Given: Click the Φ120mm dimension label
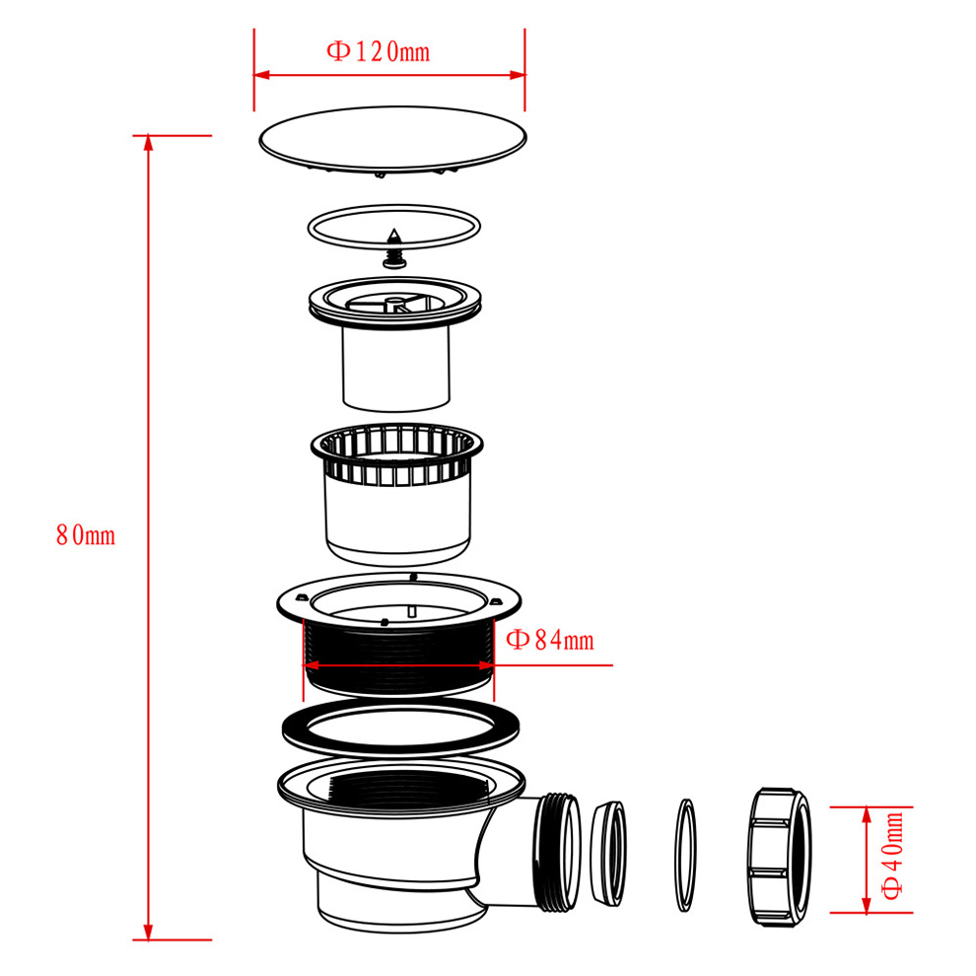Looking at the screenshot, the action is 379,51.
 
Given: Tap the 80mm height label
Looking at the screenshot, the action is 86,535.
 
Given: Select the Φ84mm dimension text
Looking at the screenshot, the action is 550,640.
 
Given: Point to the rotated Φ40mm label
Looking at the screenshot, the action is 892,856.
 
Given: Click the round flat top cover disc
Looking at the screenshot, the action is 392,140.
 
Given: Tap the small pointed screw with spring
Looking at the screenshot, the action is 394,248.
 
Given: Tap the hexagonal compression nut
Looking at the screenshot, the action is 779,857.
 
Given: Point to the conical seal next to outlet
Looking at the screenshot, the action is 608,854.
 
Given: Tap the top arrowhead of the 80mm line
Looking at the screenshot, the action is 148,143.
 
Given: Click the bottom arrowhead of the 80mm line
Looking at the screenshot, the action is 148,932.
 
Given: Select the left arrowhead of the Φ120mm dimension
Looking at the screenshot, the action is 262,75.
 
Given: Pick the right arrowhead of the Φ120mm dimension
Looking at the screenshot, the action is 518,75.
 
